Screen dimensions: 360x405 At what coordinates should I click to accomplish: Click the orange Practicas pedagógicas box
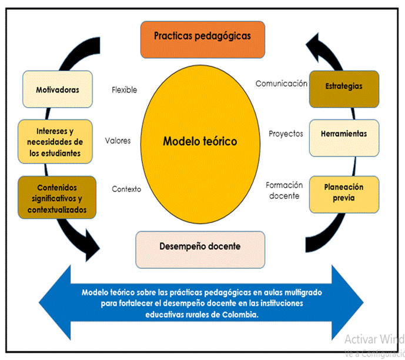pyautogui.click(x=202, y=36)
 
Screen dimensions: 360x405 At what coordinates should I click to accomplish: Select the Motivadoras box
pyautogui.click(x=57, y=90)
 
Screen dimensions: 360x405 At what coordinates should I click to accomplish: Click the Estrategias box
pyautogui.click(x=344, y=86)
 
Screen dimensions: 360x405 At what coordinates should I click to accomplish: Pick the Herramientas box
pyautogui.click(x=344, y=134)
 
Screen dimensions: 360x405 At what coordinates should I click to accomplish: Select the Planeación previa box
pyautogui.click(x=344, y=193)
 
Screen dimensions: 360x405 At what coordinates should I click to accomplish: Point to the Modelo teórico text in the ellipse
pyautogui.click(x=200, y=141)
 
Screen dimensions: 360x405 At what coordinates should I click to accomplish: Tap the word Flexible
pyautogui.click(x=124, y=90)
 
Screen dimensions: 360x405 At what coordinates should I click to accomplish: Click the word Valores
pyautogui.click(x=118, y=141)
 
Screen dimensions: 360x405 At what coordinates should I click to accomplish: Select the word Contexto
pyautogui.click(x=126, y=189)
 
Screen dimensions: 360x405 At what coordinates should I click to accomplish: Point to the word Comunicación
pyautogui.click(x=281, y=84)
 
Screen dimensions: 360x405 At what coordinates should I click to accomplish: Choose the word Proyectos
pyautogui.click(x=286, y=134)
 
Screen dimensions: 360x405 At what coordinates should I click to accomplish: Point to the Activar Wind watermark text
pyautogui.click(x=374, y=339)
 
